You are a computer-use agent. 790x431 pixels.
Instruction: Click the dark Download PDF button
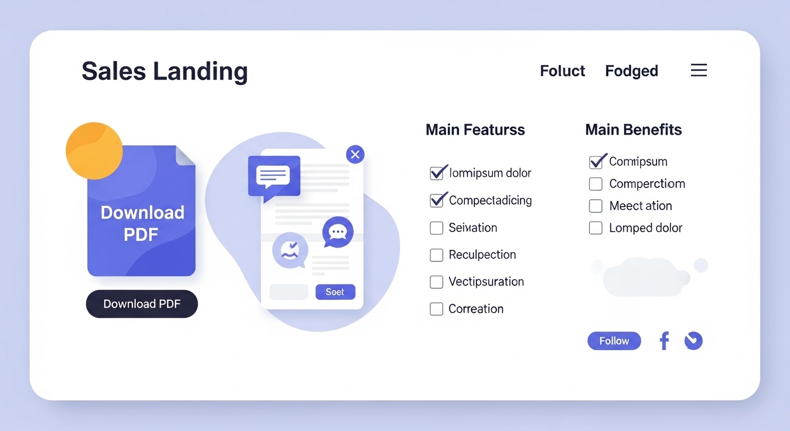(142, 304)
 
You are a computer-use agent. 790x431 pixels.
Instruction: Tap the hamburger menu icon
(699, 70)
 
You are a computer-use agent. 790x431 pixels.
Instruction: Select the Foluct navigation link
(562, 71)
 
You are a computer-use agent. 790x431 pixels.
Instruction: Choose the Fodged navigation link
(632, 71)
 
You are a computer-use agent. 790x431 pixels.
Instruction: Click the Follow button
(614, 341)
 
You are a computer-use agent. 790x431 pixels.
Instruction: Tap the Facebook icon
(664, 341)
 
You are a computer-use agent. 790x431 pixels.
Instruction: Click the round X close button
(355, 154)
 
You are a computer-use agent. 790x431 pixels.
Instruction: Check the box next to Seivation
(437, 228)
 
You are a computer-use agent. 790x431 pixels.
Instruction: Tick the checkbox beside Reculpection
(437, 255)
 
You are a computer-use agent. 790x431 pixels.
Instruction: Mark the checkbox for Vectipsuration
(437, 282)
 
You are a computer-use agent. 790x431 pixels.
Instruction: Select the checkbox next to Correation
(437, 309)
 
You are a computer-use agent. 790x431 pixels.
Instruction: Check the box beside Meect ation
(596, 206)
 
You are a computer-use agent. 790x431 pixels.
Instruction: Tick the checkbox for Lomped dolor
(596, 228)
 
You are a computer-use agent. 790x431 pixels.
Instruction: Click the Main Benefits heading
(633, 130)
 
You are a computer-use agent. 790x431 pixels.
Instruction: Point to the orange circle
(94, 151)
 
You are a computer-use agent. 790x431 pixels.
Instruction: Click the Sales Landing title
(165, 71)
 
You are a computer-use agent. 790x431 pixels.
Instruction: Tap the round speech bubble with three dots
(338, 232)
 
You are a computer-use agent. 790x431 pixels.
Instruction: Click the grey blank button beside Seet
(289, 292)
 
